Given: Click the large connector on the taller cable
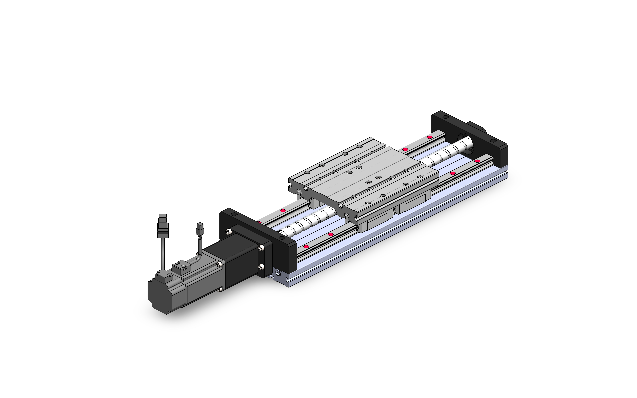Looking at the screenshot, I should click(163, 226).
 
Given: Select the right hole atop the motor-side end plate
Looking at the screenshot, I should click(282, 238).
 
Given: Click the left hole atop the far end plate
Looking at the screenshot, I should click(445, 117).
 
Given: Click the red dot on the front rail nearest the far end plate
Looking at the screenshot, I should click(477, 161).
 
